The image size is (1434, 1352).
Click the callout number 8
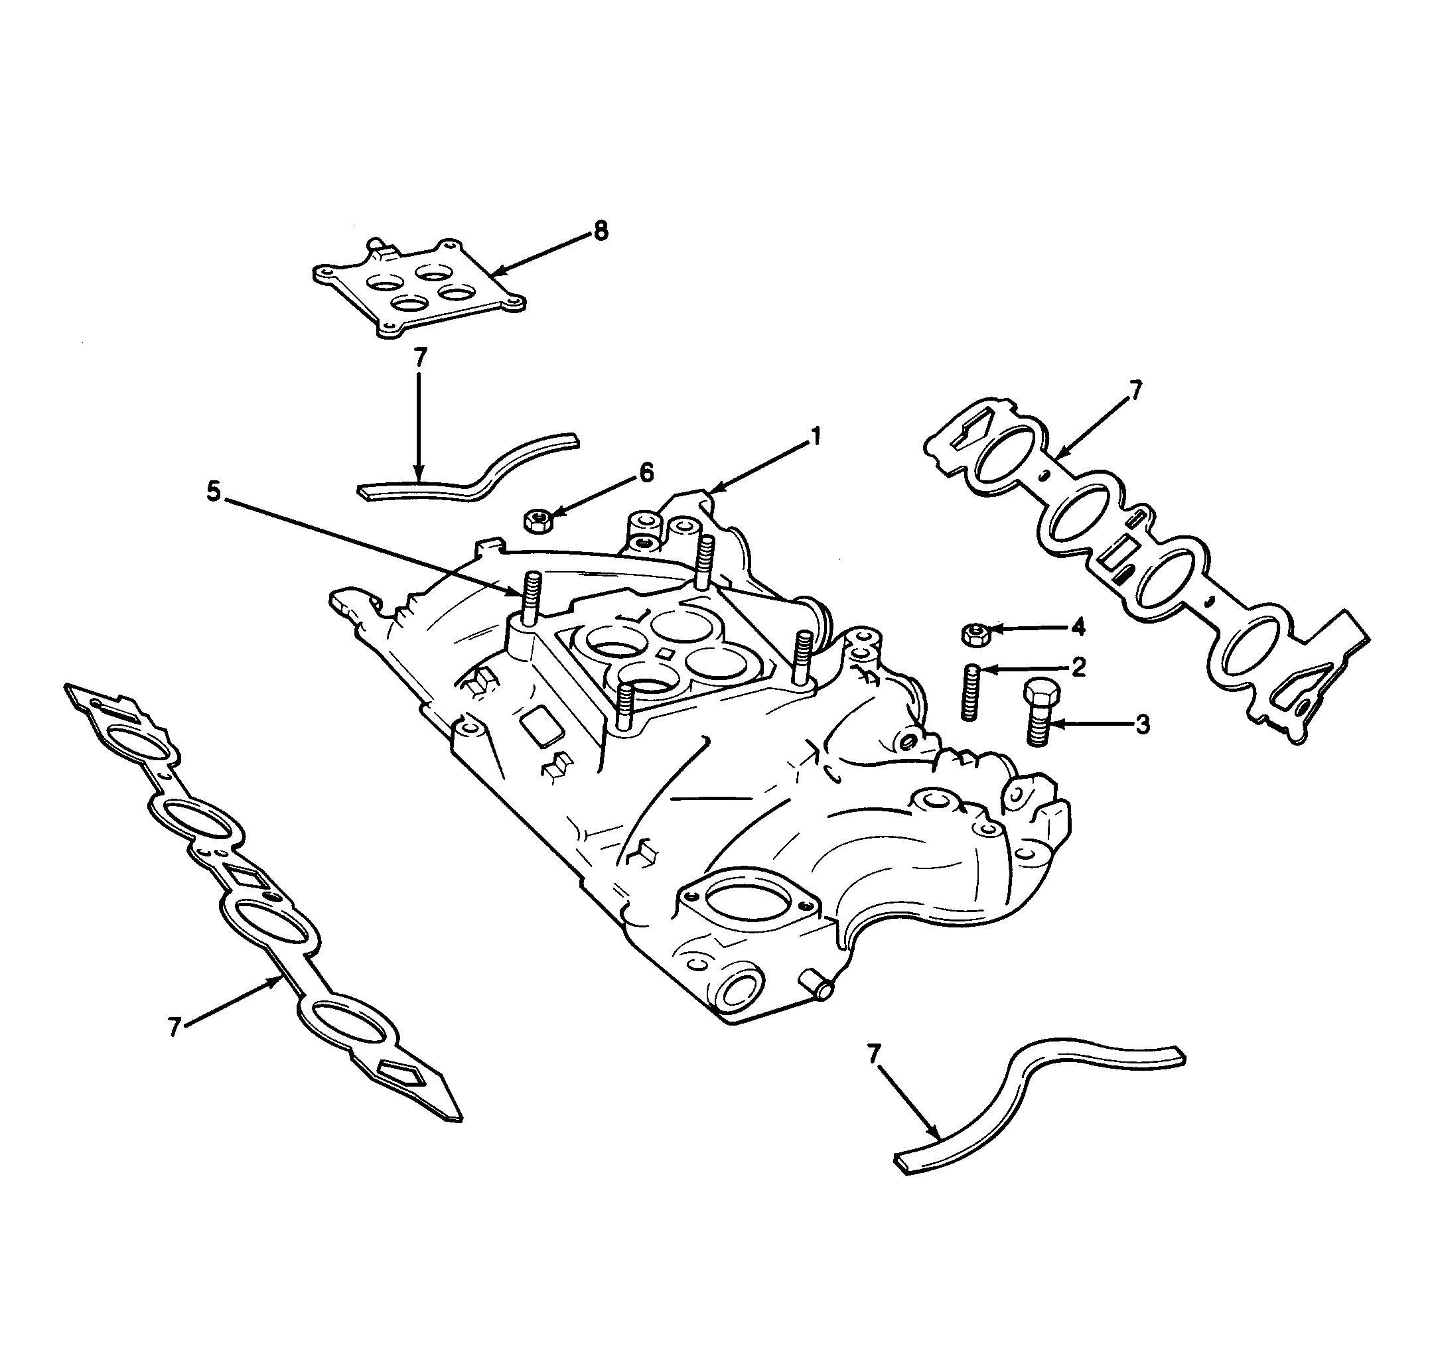600,231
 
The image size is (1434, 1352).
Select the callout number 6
646,473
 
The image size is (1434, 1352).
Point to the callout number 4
1078,628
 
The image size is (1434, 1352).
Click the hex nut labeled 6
537,520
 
